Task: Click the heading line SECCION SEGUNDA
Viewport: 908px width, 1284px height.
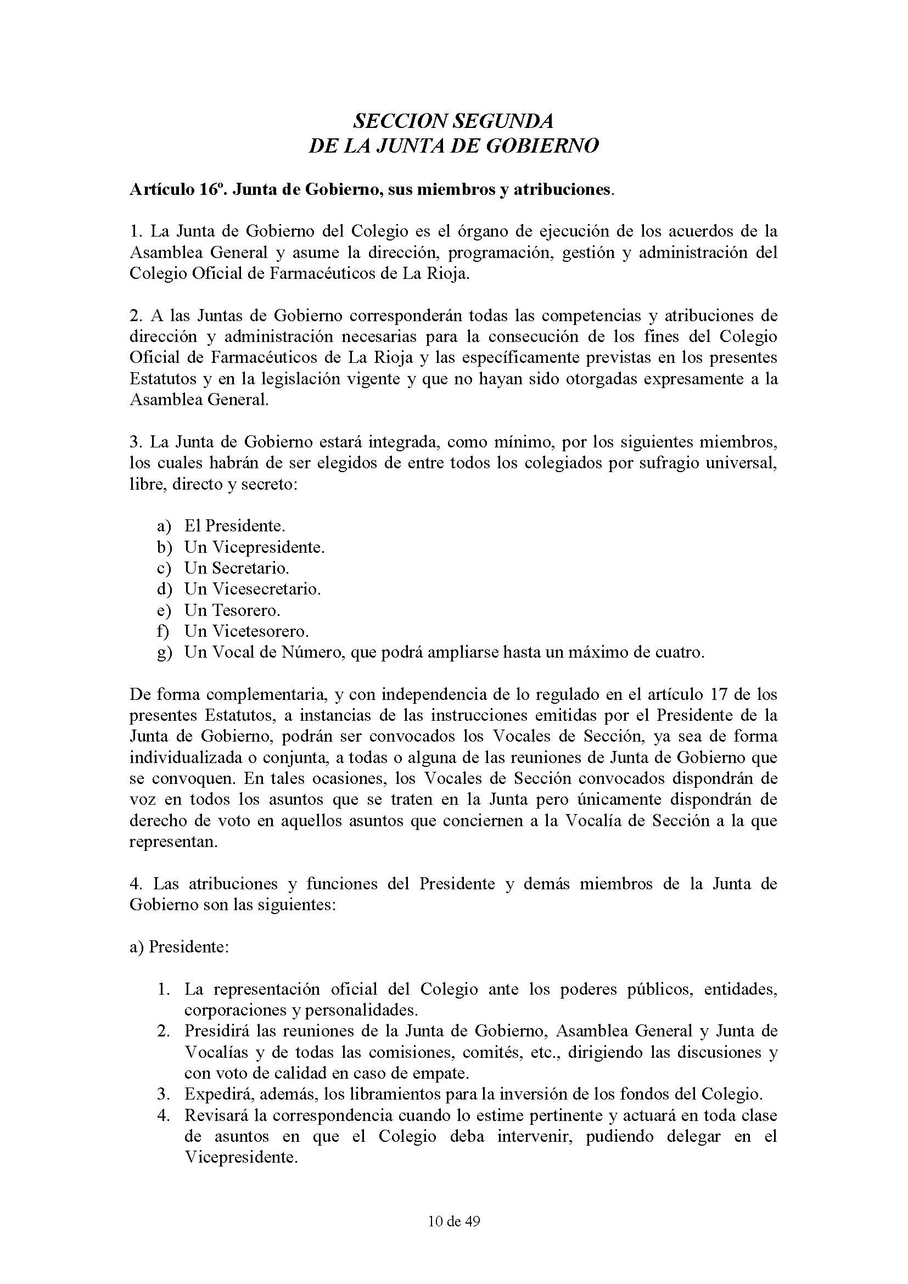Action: [453, 120]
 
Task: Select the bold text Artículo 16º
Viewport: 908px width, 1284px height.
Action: [178, 190]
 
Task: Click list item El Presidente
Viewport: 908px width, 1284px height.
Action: [235, 526]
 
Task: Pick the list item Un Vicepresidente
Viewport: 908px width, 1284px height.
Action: [254, 547]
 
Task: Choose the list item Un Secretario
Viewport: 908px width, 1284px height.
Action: [237, 568]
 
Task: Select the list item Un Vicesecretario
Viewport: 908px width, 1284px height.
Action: [253, 589]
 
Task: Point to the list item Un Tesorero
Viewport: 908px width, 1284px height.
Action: [232, 610]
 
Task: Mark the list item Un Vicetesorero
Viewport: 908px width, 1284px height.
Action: [246, 631]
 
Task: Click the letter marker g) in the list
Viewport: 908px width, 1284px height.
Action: [164, 653]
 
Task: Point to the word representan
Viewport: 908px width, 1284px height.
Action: [173, 842]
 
